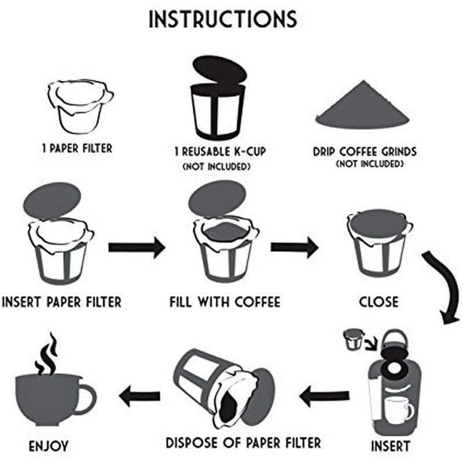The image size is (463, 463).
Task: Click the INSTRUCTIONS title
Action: [223, 19]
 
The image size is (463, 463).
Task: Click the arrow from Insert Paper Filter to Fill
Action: [137, 248]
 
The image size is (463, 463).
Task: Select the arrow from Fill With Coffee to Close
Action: [294, 248]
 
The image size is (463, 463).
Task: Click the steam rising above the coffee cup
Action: [46, 353]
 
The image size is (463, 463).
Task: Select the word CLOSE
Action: [379, 302]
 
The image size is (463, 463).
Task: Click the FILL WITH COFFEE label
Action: [225, 302]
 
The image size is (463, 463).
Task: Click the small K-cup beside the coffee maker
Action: [352, 340]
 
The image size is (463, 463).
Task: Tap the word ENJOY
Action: [49, 446]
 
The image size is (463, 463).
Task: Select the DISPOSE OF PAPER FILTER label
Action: [243, 443]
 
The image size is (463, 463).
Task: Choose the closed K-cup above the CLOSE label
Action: [379, 243]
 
